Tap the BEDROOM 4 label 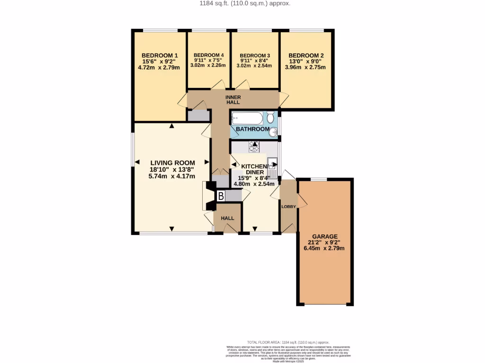click(x=208, y=55)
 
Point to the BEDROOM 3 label click(x=255, y=55)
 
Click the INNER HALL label click(x=233, y=99)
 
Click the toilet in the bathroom click(x=270, y=117)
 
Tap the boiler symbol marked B click(x=221, y=196)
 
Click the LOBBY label click(x=288, y=207)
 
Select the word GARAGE click(x=324, y=236)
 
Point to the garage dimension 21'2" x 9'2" click(x=324, y=242)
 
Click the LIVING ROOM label click(x=172, y=163)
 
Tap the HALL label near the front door click(x=228, y=218)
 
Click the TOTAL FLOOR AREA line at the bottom click(x=288, y=342)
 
